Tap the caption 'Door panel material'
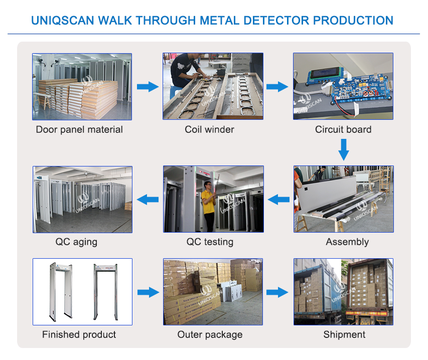click(79, 129)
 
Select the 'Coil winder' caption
click(209, 129)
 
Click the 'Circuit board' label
click(343, 129)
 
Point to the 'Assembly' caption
click(347, 242)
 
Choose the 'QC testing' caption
click(210, 242)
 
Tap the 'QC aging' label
click(76, 242)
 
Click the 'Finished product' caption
click(79, 334)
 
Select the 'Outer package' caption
click(210, 334)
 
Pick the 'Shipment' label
click(344, 334)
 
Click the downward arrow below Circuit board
click(344, 149)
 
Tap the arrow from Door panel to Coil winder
click(148, 87)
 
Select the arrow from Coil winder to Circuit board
click(277, 87)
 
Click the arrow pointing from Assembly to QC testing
click(278, 200)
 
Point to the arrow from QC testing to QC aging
click(148, 200)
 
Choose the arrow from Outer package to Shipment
click(277, 292)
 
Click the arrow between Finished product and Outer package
click(148, 292)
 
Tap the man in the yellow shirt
click(207, 203)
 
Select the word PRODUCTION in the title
click(353, 21)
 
